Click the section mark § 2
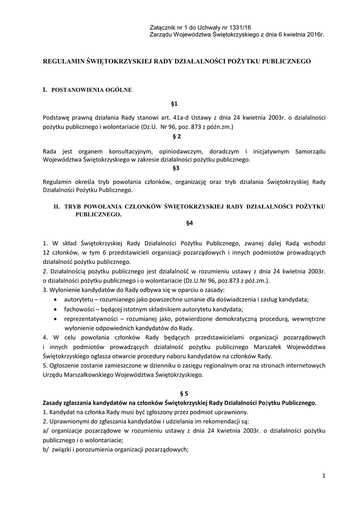pyautogui.click(x=175, y=136)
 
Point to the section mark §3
pyautogui.click(x=175, y=169)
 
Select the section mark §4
pyautogui.click(x=189, y=223)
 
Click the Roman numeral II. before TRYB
pyautogui.click(x=57, y=206)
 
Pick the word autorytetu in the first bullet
pyautogui.click(x=80, y=299)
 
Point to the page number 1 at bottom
pyautogui.click(x=323, y=476)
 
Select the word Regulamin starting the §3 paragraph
pyautogui.click(x=59, y=180)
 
